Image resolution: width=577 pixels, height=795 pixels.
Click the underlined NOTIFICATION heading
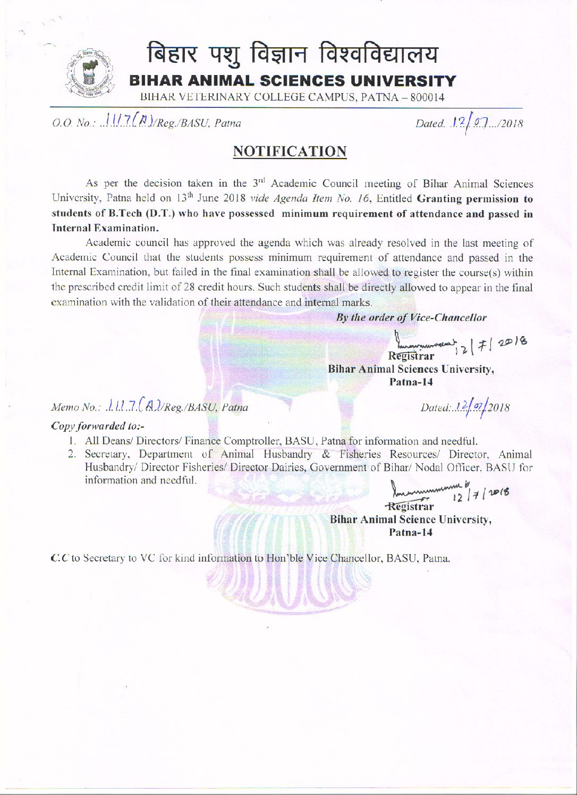pyautogui.click(x=290, y=152)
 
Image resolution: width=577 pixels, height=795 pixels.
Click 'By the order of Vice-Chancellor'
pyautogui.click(x=411, y=317)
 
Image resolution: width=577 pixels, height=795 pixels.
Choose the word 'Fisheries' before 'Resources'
pyautogui.click(x=360, y=455)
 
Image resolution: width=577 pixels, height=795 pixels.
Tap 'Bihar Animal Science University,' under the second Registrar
pyautogui.click(x=410, y=520)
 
